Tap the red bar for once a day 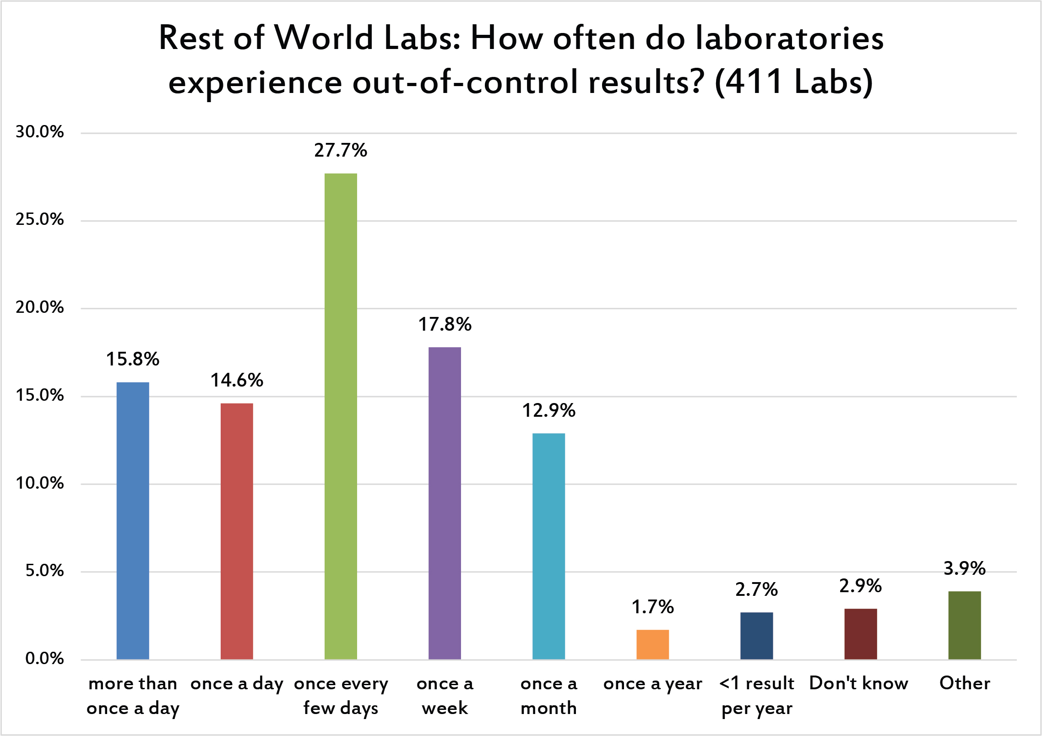[x=237, y=531]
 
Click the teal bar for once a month [x=548, y=546]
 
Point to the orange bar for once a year [x=652, y=644]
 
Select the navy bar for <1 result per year [x=756, y=636]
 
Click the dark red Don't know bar [x=860, y=634]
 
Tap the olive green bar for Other [x=964, y=625]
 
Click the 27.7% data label [x=341, y=150]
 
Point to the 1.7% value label [x=652, y=607]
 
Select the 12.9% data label [x=548, y=410]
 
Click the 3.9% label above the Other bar [x=964, y=568]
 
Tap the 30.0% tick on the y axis [x=40, y=132]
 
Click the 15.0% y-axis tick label [x=40, y=395]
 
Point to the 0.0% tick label [x=44, y=658]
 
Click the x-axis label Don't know [x=859, y=683]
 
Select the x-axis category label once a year [x=652, y=684]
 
